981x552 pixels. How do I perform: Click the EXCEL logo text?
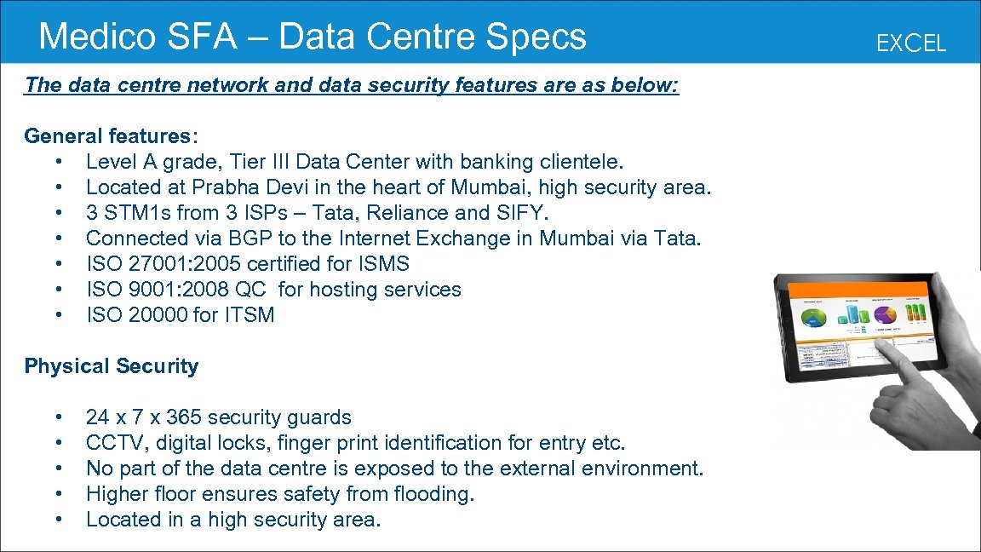pos(911,43)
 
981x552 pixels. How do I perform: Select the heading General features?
pos(107,136)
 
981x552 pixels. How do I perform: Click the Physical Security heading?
pos(112,366)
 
